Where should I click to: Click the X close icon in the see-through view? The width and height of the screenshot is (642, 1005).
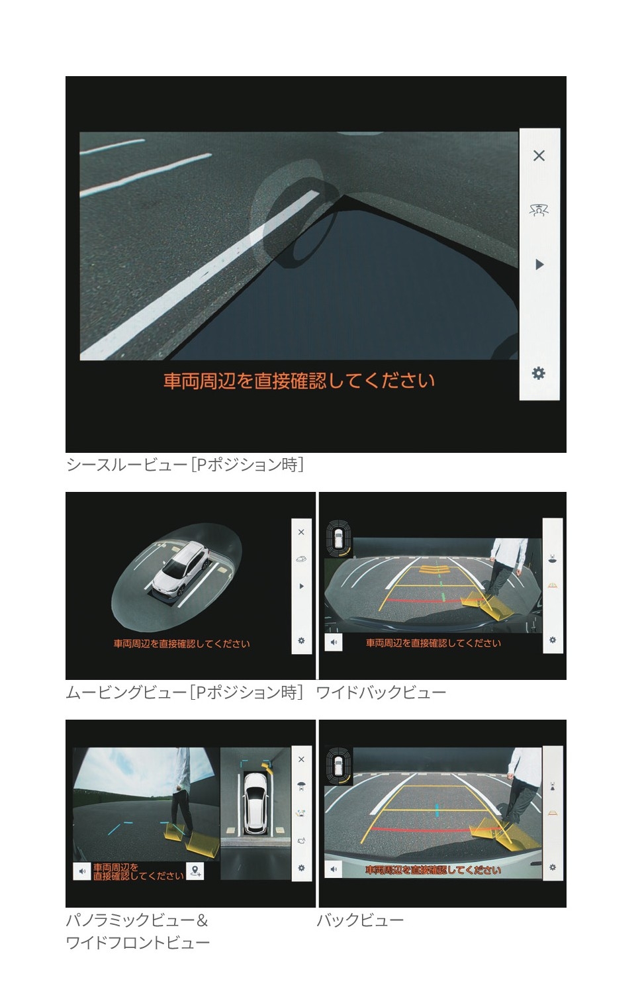coord(539,156)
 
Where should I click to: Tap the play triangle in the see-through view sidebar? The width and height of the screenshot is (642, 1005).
coord(539,264)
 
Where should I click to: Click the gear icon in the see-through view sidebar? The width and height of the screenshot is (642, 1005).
coord(539,373)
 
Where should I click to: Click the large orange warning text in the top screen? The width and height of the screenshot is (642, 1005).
coord(299,381)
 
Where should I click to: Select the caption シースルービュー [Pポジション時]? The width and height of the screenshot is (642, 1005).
coord(185,465)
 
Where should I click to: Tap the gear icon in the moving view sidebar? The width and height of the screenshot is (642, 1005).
coord(301,640)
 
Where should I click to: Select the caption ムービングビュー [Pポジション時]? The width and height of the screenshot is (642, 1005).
coord(185,693)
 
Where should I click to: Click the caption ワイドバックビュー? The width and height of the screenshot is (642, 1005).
coord(381,693)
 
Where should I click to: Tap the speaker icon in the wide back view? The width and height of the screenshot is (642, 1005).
coord(334,642)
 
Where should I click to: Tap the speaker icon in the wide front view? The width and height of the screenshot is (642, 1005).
coord(82,871)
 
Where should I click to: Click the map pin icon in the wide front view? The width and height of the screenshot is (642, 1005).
coord(195,871)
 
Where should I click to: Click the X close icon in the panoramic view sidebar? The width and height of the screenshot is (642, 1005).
coord(301,759)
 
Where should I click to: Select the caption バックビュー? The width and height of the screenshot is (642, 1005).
coord(360,920)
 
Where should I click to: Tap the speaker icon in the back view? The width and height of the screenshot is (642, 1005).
coord(334,869)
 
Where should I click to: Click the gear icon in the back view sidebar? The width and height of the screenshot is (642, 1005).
coord(553,867)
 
